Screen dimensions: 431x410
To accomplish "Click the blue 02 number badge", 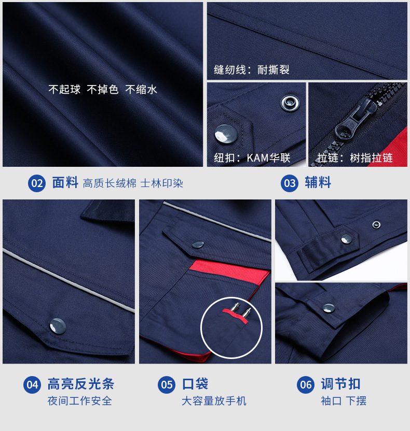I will pos(37,183).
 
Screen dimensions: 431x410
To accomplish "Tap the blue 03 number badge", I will pos(290,183).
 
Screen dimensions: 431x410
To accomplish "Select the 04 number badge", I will pos(33,384).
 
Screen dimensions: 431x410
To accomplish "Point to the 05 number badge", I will pos(167,384).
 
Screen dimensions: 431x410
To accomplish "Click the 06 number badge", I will pos(306,384).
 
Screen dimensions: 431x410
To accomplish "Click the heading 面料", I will pos(65,183).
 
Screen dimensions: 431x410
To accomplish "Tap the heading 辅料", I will pos(318,183).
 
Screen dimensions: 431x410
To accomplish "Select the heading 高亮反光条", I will pos(80,384).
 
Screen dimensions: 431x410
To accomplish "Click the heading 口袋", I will pos(195,384).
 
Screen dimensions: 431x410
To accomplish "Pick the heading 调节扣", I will pos(340,384).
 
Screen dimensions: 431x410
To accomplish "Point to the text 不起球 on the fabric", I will pos(64,90).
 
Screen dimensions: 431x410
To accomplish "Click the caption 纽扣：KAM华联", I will pos(252,158).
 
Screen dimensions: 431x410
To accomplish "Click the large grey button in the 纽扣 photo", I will pos(225,135).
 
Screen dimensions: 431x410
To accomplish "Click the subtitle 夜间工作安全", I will pos(79,401).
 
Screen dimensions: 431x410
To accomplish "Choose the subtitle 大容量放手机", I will pos(214,401).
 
